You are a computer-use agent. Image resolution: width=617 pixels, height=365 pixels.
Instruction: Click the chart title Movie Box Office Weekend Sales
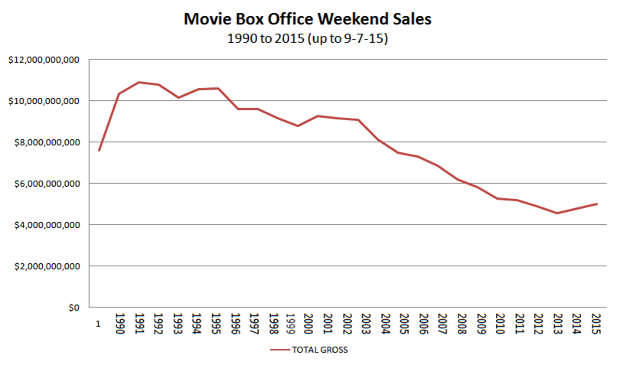[308, 18]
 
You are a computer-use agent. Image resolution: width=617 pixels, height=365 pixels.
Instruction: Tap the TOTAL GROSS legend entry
[310, 350]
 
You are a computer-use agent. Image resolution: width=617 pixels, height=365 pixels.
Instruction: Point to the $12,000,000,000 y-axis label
[43, 60]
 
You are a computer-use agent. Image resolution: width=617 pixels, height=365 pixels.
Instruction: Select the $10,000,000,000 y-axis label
[43, 101]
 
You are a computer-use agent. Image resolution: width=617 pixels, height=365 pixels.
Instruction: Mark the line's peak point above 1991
[138, 82]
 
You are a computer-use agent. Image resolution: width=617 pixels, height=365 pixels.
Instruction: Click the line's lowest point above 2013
[557, 213]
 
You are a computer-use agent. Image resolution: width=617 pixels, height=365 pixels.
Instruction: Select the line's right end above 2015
[596, 204]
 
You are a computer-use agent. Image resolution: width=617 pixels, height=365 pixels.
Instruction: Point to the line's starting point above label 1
[99, 150]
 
